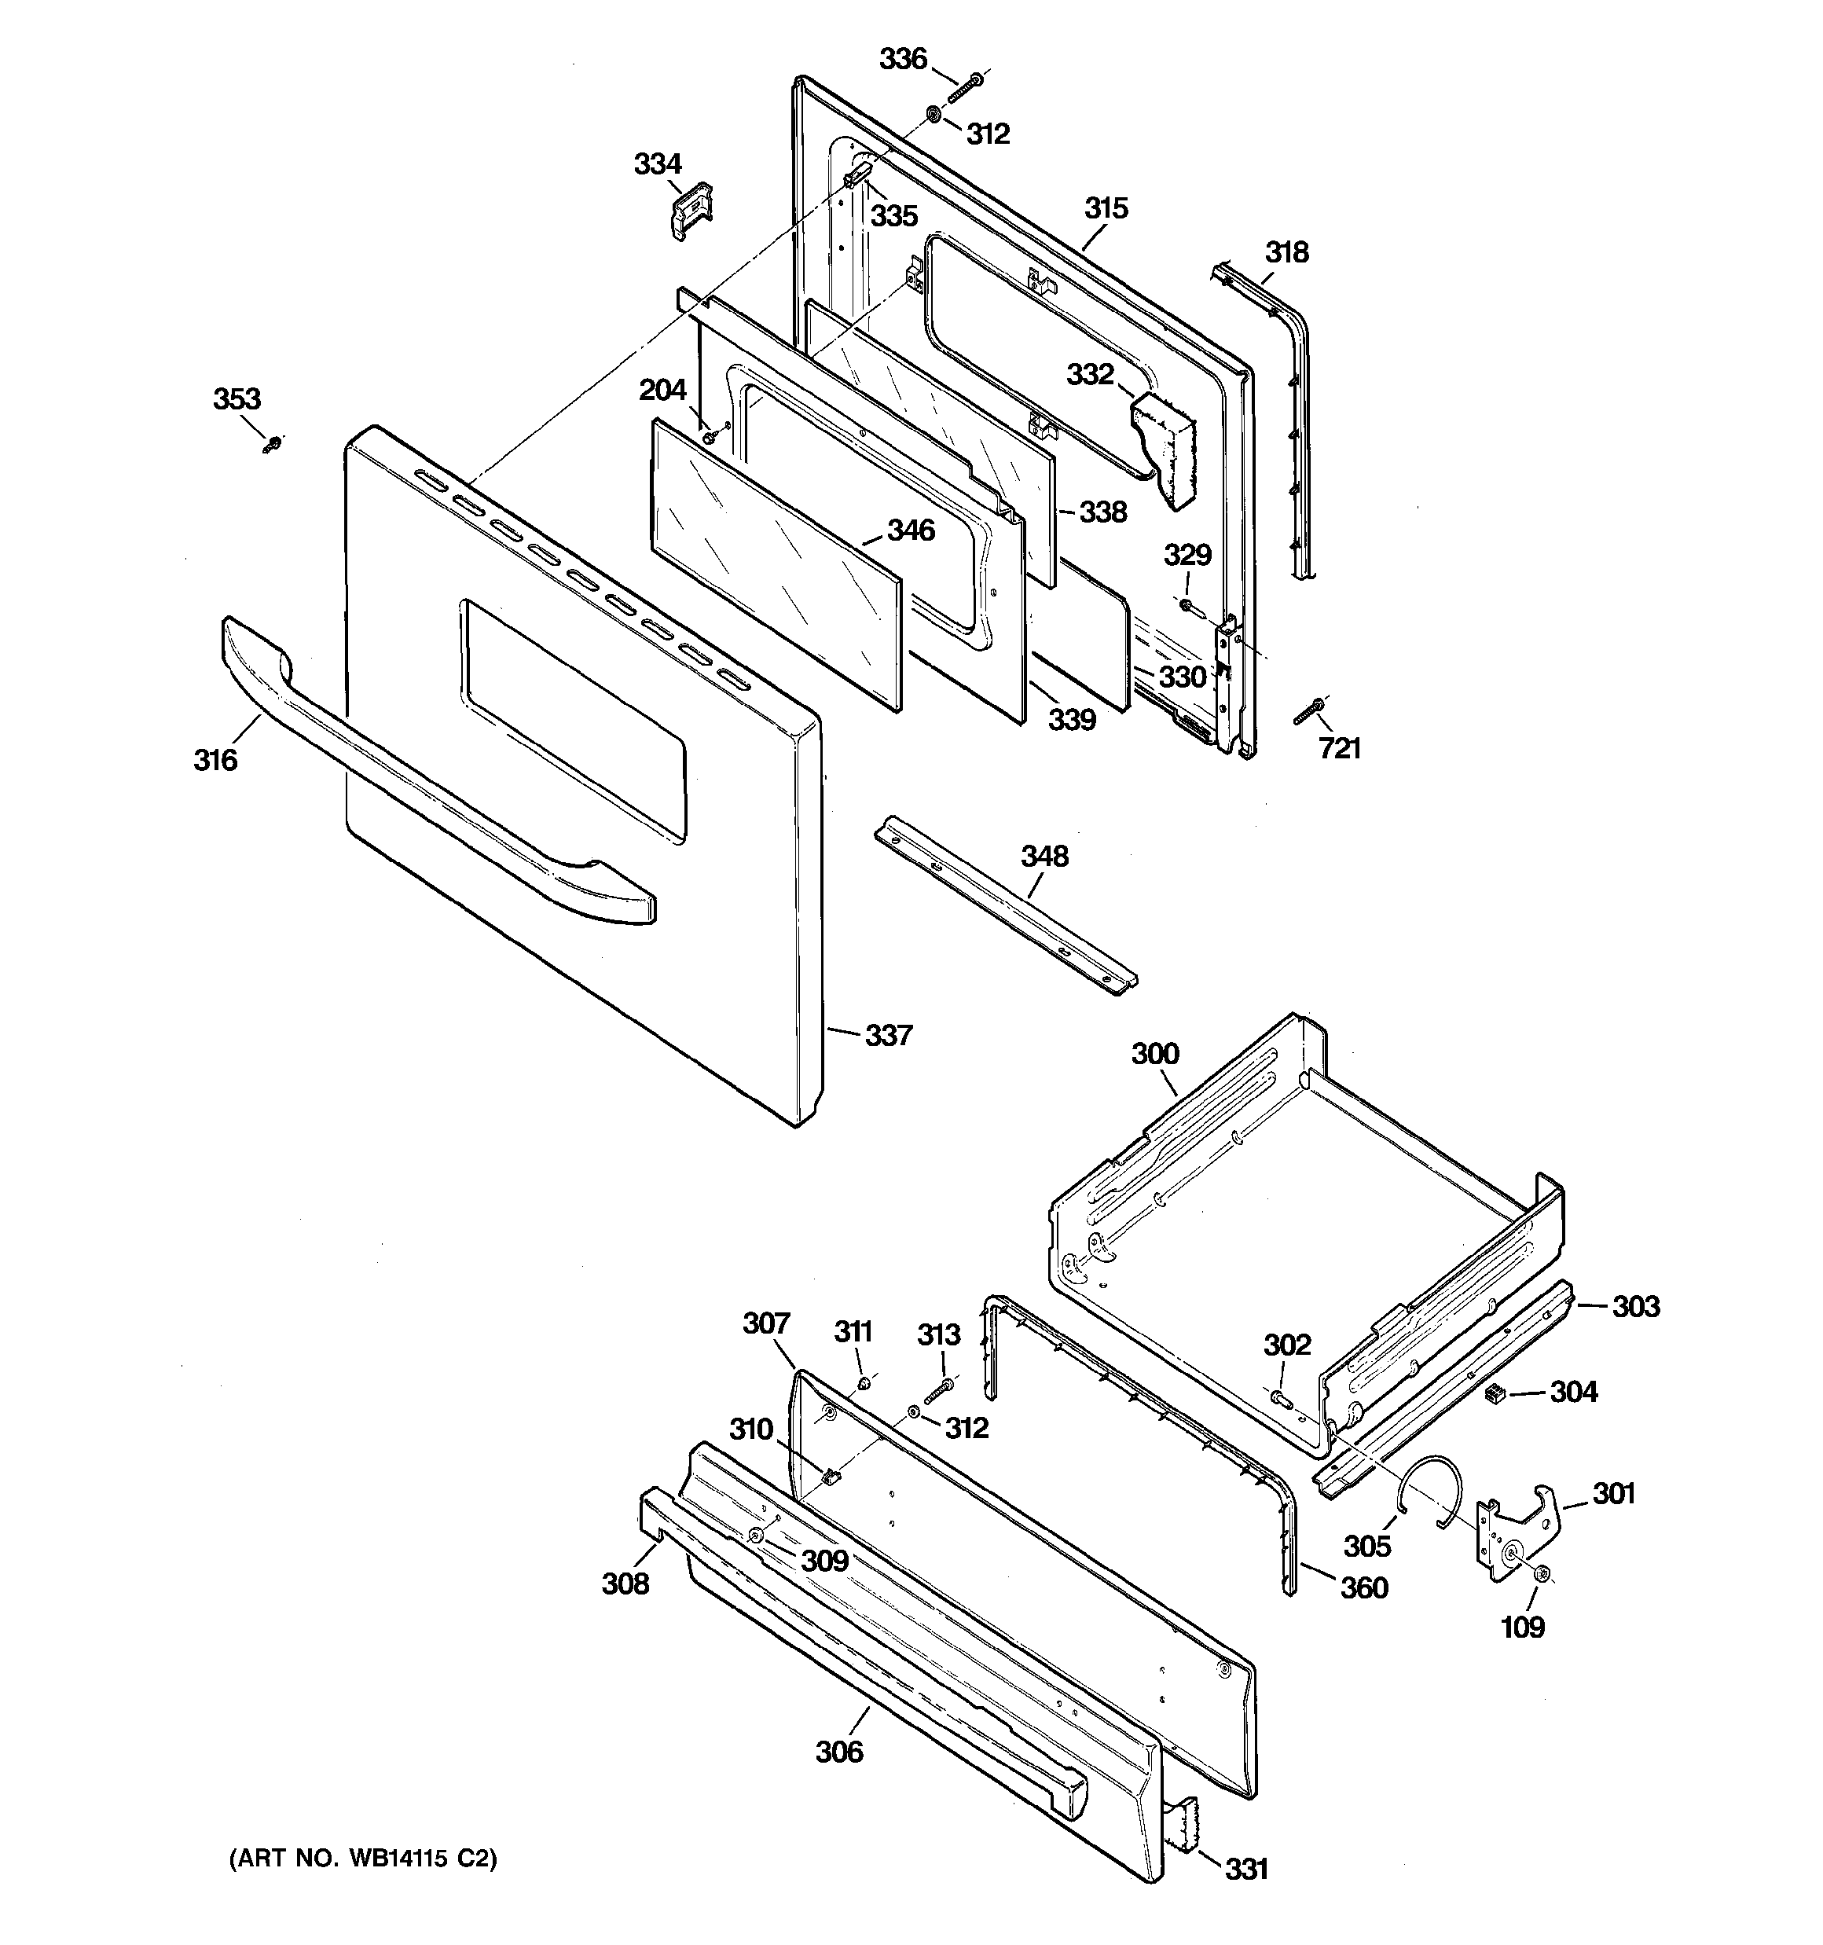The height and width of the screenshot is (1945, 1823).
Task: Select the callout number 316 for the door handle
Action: pos(215,759)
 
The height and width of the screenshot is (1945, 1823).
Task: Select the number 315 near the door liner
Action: pos(1106,208)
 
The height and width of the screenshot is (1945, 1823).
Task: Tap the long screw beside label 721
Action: pos(1308,711)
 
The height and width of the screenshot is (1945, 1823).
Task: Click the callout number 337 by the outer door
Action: pos(889,1035)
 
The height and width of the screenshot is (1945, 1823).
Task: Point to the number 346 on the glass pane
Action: pos(911,530)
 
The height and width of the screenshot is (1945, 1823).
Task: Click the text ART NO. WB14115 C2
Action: pos(363,1858)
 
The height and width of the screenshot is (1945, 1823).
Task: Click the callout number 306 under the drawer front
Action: pos(839,1751)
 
